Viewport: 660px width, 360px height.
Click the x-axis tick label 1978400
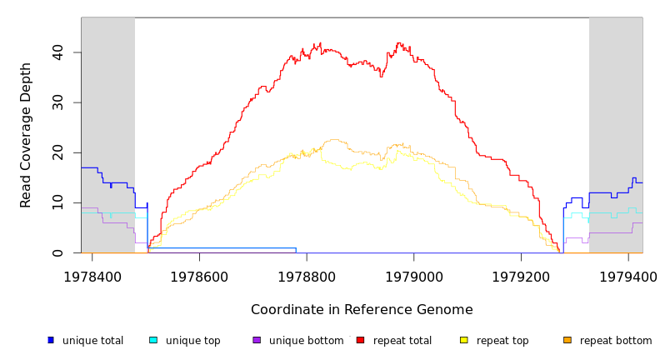(x=92, y=277)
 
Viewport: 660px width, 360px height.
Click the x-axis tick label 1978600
(x=199, y=277)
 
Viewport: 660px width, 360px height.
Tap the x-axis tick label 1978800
(x=307, y=277)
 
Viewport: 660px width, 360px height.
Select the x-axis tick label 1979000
(x=414, y=277)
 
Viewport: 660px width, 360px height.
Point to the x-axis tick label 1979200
(x=522, y=277)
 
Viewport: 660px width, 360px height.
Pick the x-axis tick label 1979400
(x=628, y=277)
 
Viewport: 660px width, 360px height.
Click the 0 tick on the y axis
(x=57, y=252)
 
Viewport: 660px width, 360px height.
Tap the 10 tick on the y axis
(x=57, y=202)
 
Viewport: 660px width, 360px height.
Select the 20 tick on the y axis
(x=57, y=152)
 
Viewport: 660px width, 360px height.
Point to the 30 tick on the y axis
(x=57, y=102)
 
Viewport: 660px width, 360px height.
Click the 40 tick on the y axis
(x=57, y=52)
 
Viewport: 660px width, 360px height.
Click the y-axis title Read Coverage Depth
(x=27, y=135)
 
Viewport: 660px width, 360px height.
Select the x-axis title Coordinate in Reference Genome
(x=362, y=310)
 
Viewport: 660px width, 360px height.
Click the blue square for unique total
(x=51, y=340)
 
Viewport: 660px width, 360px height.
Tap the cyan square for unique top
(x=153, y=340)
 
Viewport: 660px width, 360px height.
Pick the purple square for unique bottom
(x=257, y=340)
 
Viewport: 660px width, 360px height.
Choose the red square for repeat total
(x=360, y=340)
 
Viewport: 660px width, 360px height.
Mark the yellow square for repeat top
(x=464, y=340)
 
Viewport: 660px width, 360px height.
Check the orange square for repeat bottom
(x=567, y=340)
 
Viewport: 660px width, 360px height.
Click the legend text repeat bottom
(x=616, y=341)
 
